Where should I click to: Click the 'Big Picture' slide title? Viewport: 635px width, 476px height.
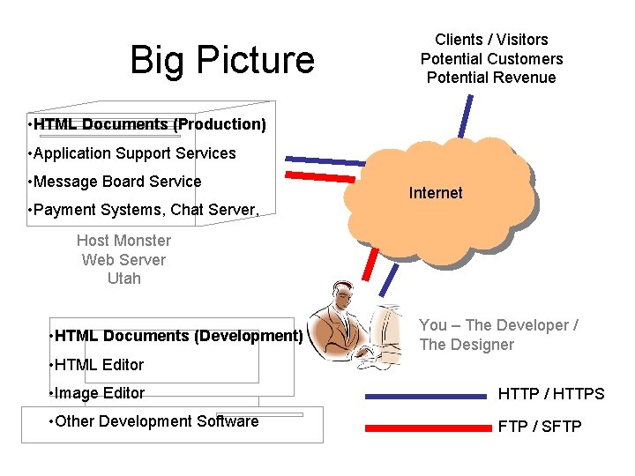click(x=221, y=60)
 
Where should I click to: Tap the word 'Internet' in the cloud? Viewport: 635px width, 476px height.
click(x=436, y=193)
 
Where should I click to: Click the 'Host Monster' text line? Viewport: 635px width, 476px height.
click(x=123, y=241)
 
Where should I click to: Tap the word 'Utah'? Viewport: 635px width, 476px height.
click(x=123, y=279)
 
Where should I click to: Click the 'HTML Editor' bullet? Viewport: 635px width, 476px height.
click(x=98, y=365)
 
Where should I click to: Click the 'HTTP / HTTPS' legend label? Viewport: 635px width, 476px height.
click(x=551, y=394)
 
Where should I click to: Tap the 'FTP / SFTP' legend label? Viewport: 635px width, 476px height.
click(x=540, y=427)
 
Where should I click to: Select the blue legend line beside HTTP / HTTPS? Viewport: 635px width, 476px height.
click(x=428, y=397)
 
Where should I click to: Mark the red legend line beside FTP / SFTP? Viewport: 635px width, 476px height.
click(x=428, y=428)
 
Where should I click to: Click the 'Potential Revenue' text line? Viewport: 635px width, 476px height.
click(x=491, y=78)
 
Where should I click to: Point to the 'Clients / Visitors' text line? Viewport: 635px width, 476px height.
click(x=491, y=40)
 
